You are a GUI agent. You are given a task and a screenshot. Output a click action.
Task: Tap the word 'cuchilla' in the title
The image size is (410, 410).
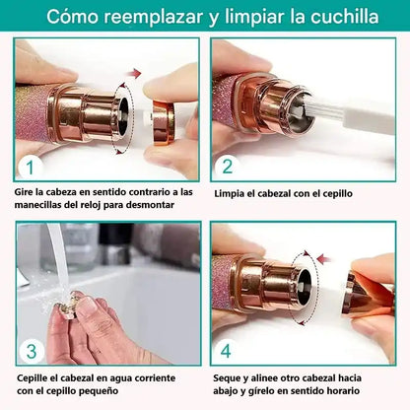(x=344, y=17)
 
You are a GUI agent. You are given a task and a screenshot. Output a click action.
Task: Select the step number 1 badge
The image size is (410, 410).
(x=30, y=167)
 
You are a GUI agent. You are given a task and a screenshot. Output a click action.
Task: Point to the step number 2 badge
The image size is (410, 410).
(x=228, y=166)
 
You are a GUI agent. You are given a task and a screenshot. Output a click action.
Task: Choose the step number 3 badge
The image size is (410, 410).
(x=32, y=351)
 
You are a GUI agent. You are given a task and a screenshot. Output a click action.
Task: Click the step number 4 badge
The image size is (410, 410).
(x=226, y=351)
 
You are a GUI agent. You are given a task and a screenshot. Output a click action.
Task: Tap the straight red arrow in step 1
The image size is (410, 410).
(x=135, y=73)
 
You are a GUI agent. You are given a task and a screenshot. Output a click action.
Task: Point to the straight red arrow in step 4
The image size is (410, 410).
(x=324, y=258)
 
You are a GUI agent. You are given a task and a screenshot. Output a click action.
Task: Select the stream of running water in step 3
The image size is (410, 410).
(x=58, y=259)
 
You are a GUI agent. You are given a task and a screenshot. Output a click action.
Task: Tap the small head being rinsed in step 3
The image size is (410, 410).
(x=68, y=307)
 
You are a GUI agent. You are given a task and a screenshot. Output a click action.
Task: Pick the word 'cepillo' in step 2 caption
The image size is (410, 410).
(x=336, y=193)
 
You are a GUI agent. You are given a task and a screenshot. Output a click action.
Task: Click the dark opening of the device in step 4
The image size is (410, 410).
(x=304, y=288)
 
